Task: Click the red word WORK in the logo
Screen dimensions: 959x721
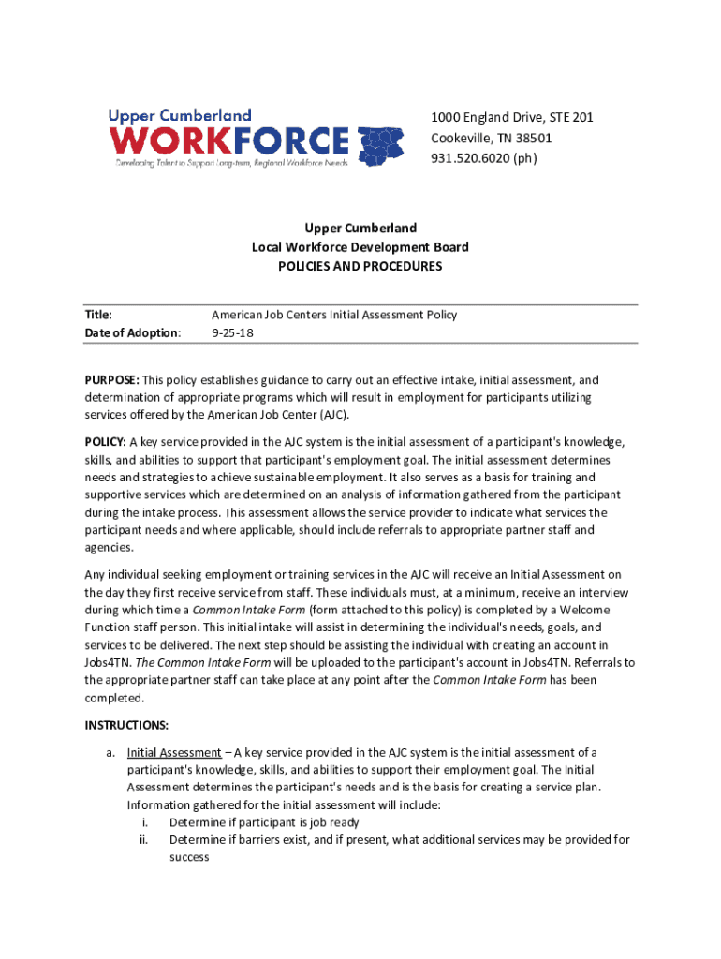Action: tap(169, 141)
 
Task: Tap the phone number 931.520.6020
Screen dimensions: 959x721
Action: tap(470, 158)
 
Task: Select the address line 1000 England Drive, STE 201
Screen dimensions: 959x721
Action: tap(511, 117)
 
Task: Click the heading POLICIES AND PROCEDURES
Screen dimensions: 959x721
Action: tap(360, 266)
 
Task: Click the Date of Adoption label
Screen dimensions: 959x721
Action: tap(132, 332)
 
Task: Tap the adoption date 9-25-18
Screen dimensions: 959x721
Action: tap(231, 332)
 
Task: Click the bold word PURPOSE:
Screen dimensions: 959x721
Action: tap(111, 380)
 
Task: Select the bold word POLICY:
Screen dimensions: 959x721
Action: tap(106, 442)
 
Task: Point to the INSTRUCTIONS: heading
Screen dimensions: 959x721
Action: tap(126, 725)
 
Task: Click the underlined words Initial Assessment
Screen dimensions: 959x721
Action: tap(174, 752)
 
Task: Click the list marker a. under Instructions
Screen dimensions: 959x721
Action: tap(110, 752)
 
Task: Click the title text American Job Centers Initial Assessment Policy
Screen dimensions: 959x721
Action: tap(334, 315)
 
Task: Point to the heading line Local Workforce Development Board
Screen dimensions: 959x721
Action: tap(360, 247)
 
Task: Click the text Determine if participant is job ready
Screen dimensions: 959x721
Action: tap(264, 822)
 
